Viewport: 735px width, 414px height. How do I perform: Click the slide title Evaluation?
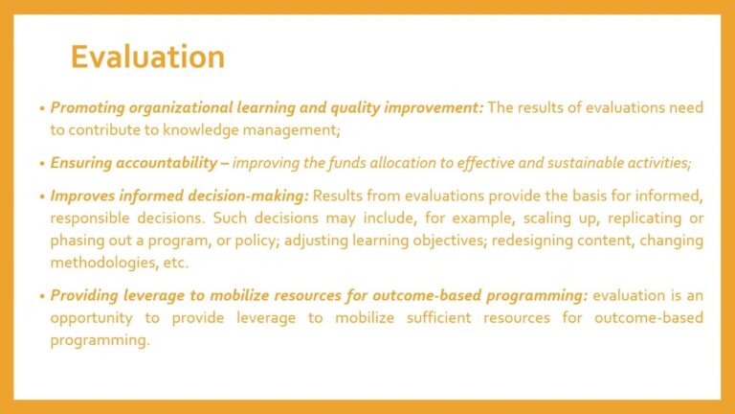tap(147, 57)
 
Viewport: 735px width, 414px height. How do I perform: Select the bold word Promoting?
tap(88, 108)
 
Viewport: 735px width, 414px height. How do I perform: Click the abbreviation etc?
tap(175, 263)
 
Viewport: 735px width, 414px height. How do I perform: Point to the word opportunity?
tap(92, 318)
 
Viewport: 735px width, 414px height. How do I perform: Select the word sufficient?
tap(438, 318)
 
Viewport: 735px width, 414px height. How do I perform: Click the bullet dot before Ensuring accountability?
tap(42, 164)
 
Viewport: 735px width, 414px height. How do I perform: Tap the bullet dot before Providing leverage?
tap(42, 297)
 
